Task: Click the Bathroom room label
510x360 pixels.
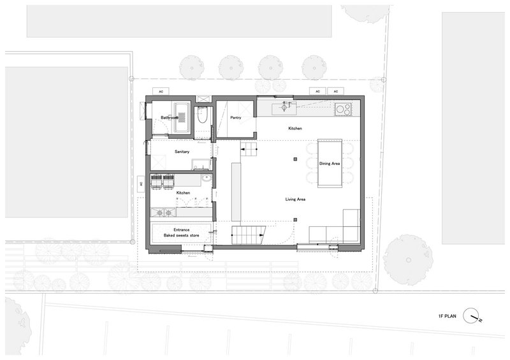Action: point(170,118)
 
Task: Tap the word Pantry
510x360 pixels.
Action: point(236,118)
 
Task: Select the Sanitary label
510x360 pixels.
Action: point(182,152)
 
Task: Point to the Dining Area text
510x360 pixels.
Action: point(330,164)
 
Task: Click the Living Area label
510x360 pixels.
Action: point(295,199)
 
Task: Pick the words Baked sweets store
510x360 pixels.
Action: point(181,236)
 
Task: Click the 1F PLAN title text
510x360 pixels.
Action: point(447,316)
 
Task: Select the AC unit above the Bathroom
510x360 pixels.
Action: point(161,91)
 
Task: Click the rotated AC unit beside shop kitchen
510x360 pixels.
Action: point(141,184)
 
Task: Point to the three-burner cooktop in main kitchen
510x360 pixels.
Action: point(343,109)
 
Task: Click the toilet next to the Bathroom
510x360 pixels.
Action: point(202,115)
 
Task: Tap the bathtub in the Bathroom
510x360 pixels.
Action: point(182,117)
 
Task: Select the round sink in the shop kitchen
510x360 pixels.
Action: point(206,178)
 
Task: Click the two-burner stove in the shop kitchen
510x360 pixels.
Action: point(164,213)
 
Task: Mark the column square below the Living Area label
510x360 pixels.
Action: point(295,220)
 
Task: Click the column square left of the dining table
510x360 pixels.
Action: point(295,159)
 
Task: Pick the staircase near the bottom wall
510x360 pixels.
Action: point(249,235)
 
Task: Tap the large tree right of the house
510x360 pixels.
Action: point(408,259)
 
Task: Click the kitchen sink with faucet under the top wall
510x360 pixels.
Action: point(284,108)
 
